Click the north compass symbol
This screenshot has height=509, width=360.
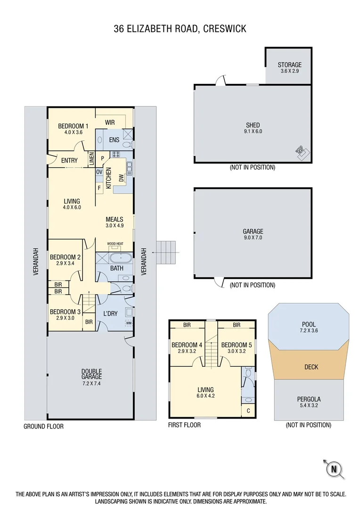334,468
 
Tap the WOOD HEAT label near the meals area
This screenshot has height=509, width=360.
115,244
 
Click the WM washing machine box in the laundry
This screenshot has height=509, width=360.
129,323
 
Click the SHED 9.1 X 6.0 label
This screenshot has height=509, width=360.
253,128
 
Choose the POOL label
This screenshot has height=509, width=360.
309,328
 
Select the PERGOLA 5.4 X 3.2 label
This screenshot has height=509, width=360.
309,402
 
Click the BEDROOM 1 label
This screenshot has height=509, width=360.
73,129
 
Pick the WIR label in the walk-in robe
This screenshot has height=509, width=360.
110,123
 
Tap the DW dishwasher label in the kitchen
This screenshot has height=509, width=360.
121,178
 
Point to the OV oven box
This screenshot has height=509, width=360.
99,172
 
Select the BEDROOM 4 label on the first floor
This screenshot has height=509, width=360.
187,348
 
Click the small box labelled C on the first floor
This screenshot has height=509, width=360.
248,410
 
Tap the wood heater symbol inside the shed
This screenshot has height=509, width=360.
301,151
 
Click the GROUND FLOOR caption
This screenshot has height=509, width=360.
43,426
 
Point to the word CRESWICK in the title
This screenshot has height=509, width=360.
224,29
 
